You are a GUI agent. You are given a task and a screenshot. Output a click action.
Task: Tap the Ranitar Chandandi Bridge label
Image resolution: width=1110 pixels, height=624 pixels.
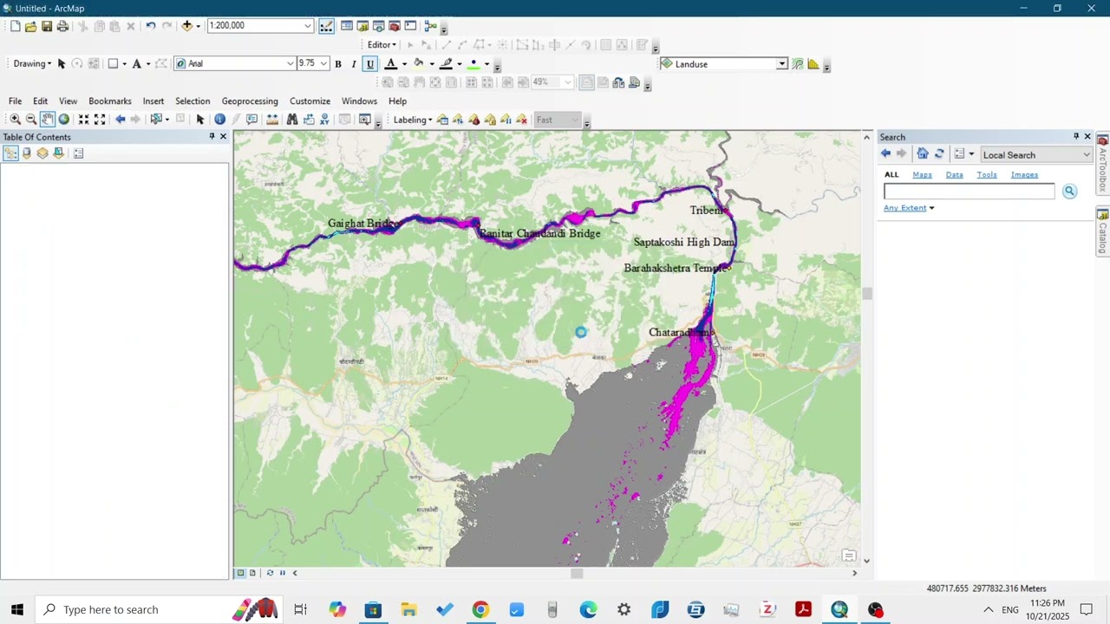539,234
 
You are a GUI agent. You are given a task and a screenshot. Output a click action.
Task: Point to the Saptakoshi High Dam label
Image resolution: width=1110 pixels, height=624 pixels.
684,243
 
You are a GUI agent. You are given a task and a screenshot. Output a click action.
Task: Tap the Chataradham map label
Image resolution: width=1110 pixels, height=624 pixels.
682,333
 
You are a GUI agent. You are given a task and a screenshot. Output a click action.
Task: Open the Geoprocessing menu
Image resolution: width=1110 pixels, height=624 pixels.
250,101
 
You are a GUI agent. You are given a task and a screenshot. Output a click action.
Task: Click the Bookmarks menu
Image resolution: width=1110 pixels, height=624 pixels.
109,101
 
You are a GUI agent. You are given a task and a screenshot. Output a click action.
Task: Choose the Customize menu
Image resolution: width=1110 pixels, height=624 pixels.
310,101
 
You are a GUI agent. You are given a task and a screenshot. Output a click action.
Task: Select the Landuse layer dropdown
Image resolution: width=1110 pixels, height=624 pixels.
724,64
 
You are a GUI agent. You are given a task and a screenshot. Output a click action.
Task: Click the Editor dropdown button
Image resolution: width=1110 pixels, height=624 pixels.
382,45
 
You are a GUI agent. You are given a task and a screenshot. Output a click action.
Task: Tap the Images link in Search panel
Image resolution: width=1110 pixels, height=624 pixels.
1024,175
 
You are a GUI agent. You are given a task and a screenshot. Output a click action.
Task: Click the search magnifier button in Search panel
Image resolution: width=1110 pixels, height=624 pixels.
1069,192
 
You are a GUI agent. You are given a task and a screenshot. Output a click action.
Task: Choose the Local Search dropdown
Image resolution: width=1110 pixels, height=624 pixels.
1035,155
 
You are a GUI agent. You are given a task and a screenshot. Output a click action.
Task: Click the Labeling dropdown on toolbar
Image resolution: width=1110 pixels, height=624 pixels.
413,120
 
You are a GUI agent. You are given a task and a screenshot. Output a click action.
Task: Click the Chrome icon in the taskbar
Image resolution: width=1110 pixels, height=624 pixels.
480,609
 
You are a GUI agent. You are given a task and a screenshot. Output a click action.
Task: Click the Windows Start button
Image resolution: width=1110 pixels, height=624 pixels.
16,609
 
